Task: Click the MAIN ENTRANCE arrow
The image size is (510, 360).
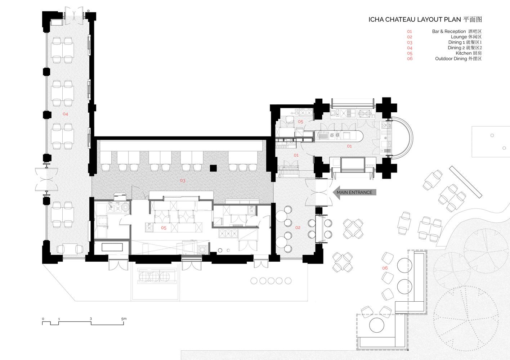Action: pyautogui.click(x=354, y=193)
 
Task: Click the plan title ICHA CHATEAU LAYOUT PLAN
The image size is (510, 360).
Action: pyautogui.click(x=415, y=19)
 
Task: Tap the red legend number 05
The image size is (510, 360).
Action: pyautogui.click(x=410, y=54)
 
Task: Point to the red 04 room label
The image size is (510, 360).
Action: pyautogui.click(x=65, y=114)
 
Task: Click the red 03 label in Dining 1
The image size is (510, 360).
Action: pyautogui.click(x=183, y=181)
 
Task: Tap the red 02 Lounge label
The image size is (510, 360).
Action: pyautogui.click(x=298, y=228)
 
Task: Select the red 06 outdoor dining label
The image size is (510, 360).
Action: pyautogui.click(x=385, y=268)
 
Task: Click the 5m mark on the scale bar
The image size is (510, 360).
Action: pyautogui.click(x=124, y=319)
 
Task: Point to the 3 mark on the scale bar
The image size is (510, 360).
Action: pyautogui.click(x=91, y=319)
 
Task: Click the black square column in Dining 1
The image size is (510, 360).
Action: pyautogui.click(x=213, y=168)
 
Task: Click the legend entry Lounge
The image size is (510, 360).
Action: pyautogui.click(x=459, y=37)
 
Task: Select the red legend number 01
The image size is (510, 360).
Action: pyautogui.click(x=410, y=32)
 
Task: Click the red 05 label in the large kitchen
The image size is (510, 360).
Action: pyautogui.click(x=164, y=228)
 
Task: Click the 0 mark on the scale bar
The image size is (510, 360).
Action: pyautogui.click(x=43, y=319)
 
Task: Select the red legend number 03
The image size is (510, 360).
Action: pyautogui.click(x=410, y=42)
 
